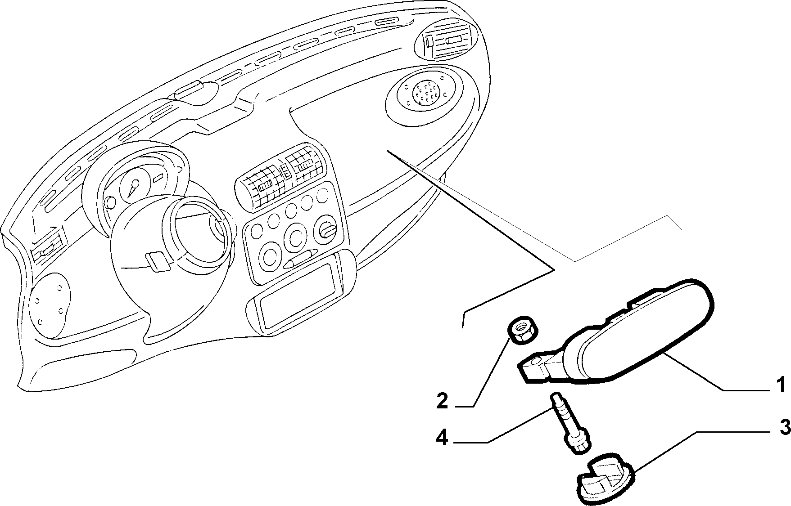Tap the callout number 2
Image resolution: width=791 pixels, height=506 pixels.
[x=443, y=401]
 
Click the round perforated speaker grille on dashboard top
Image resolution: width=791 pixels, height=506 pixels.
[x=425, y=93]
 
